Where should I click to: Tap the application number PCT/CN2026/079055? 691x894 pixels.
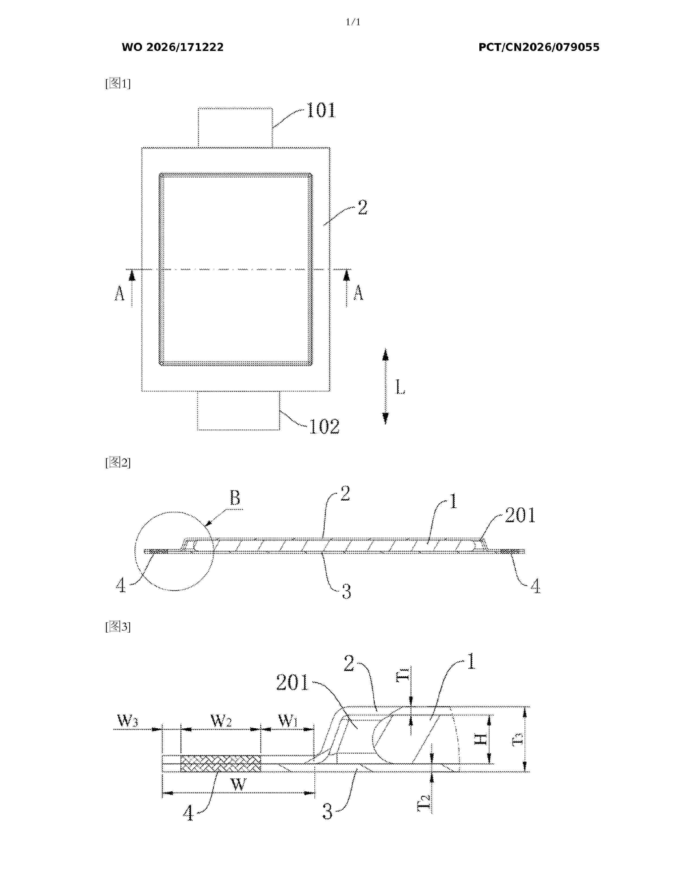click(x=539, y=47)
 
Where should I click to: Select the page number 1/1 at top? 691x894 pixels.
click(x=353, y=22)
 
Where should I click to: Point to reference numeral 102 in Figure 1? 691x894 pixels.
click(x=324, y=426)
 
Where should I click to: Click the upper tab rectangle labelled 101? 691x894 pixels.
click(x=235, y=127)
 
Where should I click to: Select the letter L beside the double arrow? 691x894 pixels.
click(x=400, y=387)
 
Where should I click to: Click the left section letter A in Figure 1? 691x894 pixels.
click(x=119, y=293)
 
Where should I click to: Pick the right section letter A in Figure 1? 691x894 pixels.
click(x=358, y=293)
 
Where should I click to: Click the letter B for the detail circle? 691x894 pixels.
click(x=235, y=498)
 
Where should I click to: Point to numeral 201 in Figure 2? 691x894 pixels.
click(x=520, y=515)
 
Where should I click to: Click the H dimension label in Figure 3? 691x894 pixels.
click(x=481, y=739)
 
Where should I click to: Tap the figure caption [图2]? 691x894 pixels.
click(x=118, y=462)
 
